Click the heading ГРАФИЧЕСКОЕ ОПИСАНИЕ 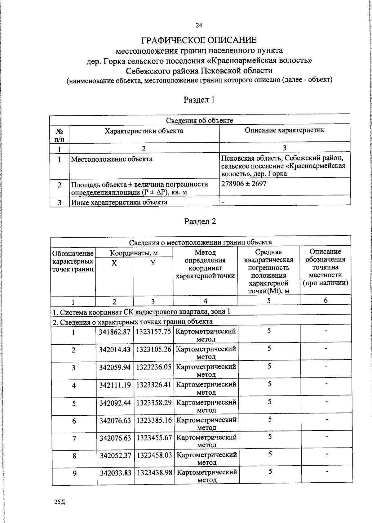pos(199,40)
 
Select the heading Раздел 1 pos(199,100)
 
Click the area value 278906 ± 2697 pos(244,184)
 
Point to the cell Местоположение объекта pos(112,159)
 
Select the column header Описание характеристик pos(285,130)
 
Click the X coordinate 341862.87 pos(114,332)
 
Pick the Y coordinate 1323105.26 pos(154,349)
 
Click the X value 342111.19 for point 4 pos(115,385)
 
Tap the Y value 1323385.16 pos(154,421)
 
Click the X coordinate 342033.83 pos(115,473)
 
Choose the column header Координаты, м pos(134,253)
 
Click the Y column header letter pos(153,263)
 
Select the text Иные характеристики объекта pos(119,202)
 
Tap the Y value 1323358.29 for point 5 pos(154,403)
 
